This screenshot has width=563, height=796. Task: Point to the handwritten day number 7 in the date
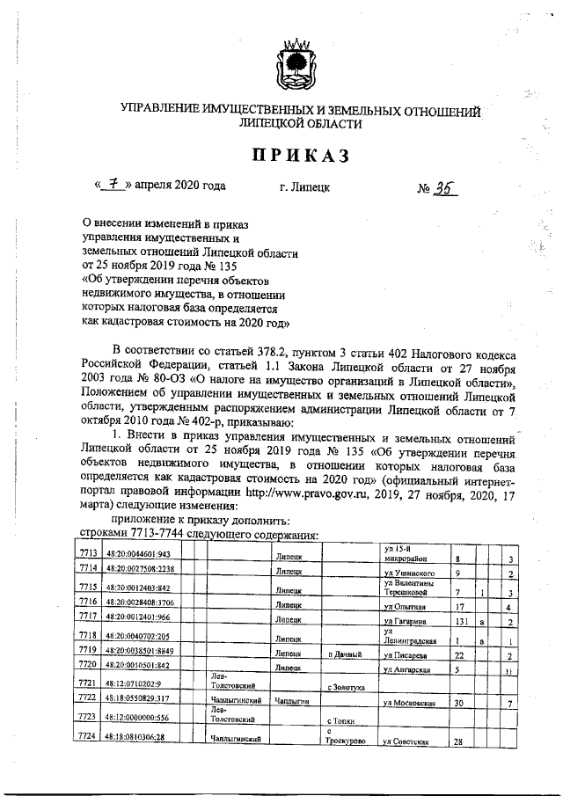tap(113, 186)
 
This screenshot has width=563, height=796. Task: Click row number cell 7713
tap(86, 555)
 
